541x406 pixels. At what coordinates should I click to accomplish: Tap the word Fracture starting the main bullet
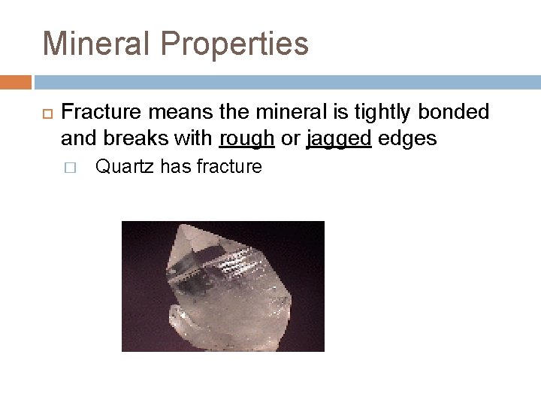click(96, 112)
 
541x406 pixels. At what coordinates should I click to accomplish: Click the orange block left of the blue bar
click(16, 81)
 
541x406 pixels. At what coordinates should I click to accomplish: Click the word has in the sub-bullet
click(176, 166)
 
